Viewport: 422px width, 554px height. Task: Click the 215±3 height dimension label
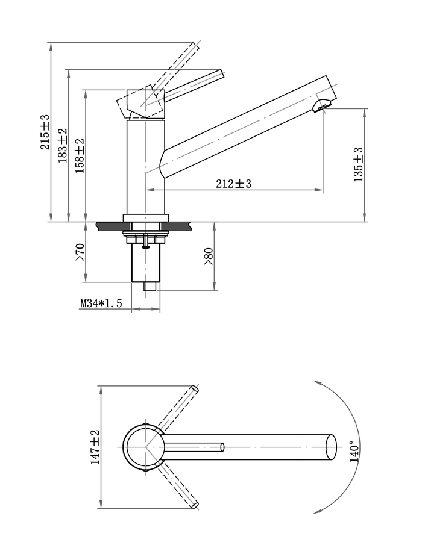coord(46,132)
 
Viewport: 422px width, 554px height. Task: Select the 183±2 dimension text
coord(62,146)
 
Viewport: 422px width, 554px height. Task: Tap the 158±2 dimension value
coord(80,155)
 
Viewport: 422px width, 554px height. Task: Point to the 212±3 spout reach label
coord(234,184)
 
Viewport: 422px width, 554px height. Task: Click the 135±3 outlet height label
coord(358,164)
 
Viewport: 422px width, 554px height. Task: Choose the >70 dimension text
coord(80,252)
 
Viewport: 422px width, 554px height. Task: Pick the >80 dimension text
coord(209,257)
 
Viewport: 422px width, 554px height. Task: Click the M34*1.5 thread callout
coord(101,303)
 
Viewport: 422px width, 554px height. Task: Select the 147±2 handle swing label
coord(95,447)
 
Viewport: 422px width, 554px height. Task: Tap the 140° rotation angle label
coord(354,451)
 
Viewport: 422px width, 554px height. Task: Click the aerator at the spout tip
coord(323,106)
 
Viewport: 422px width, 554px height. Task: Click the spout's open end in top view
coord(331,447)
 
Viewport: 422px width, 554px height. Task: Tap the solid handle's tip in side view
coord(222,73)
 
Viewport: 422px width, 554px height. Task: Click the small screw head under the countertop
coord(145,247)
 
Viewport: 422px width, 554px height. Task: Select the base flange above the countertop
coord(145,218)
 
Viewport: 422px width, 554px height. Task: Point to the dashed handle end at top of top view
coord(195,389)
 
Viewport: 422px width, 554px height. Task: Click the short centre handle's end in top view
coord(222,447)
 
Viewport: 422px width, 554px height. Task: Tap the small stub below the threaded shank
coord(151,286)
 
